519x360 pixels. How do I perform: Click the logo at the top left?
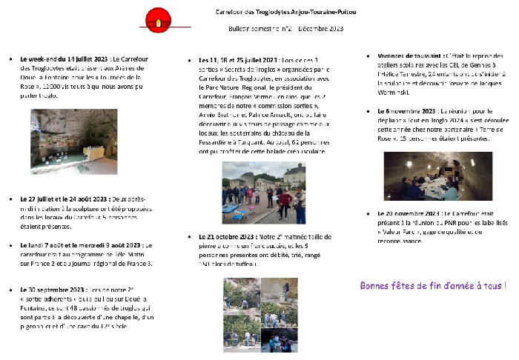157,25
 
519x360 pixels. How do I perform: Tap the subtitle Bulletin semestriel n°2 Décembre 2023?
286,28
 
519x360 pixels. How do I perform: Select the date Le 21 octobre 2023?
226,237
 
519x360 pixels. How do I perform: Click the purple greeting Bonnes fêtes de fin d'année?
434,285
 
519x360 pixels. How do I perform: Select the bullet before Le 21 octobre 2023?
191,237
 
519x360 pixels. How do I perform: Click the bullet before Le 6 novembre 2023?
368,111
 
